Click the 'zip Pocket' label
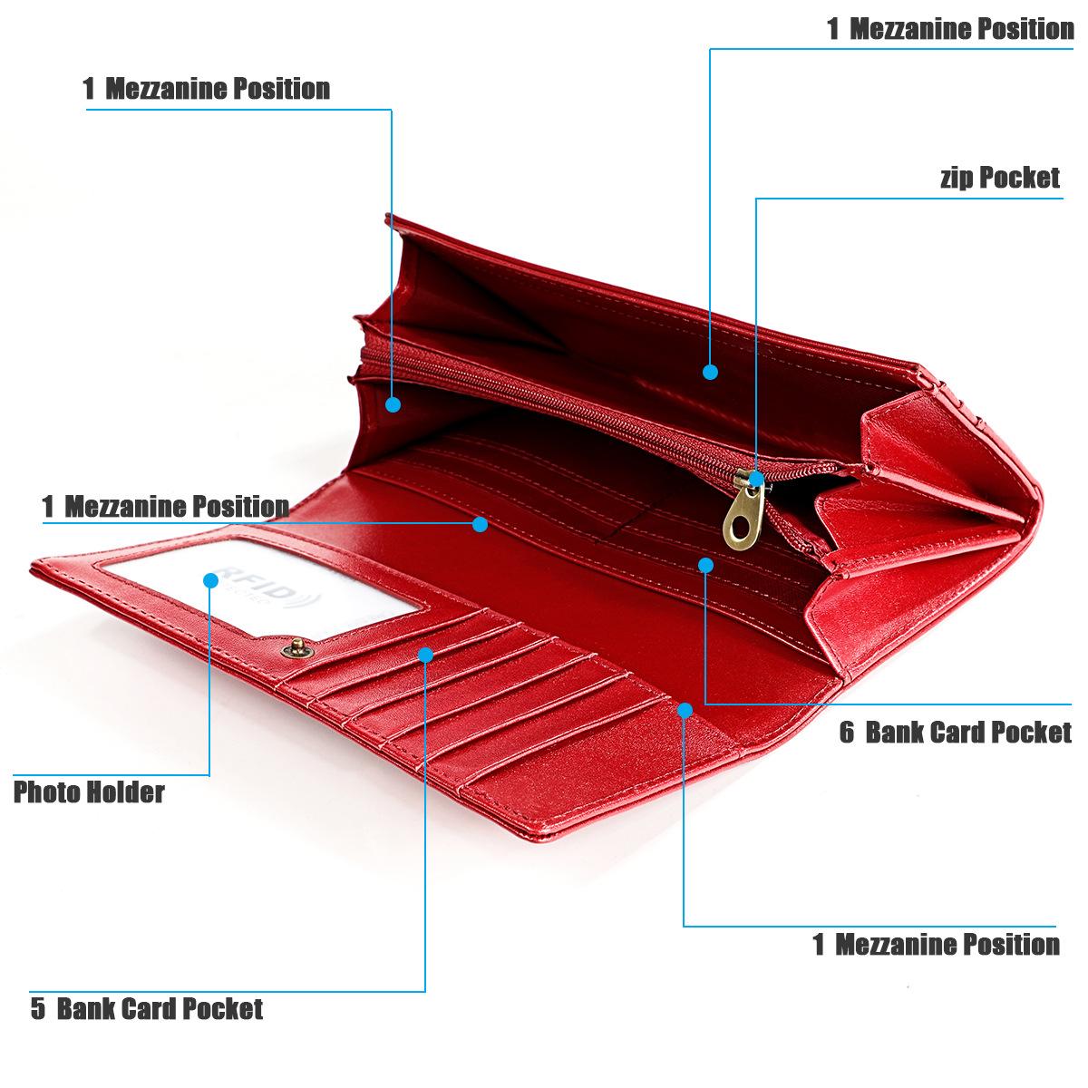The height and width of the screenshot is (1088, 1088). [x=999, y=178]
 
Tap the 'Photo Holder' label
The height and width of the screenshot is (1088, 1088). [x=89, y=792]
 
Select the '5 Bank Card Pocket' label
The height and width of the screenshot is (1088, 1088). [x=147, y=1008]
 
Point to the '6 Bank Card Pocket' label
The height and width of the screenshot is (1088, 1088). [x=955, y=732]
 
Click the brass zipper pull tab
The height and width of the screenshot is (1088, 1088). [x=741, y=516]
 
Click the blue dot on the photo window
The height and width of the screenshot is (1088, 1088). [x=210, y=579]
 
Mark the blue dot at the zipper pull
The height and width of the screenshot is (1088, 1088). [x=756, y=477]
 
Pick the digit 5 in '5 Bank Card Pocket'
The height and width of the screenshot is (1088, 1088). [x=37, y=1008]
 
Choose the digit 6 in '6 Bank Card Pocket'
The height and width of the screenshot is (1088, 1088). [x=846, y=732]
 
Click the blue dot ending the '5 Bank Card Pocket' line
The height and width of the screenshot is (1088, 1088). [x=425, y=653]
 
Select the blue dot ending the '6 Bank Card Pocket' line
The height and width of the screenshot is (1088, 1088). [x=705, y=565]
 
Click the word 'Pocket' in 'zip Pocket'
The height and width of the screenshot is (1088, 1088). [x=1020, y=178]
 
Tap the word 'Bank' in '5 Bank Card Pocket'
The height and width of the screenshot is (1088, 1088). [x=86, y=1008]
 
